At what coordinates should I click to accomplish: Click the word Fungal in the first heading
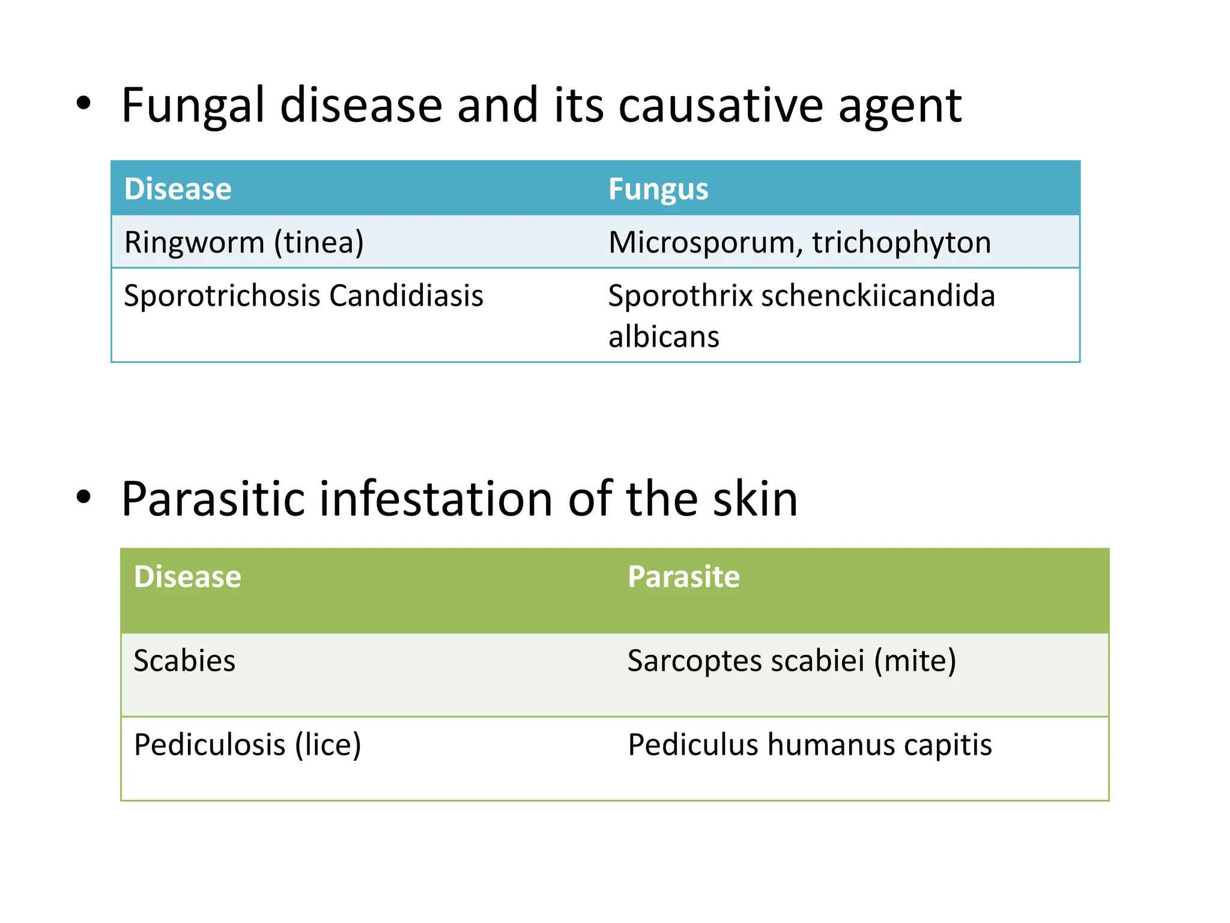[x=192, y=106]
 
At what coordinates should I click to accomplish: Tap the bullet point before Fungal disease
[x=83, y=104]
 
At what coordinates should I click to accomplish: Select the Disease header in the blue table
[x=178, y=189]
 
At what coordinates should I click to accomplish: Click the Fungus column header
[x=658, y=189]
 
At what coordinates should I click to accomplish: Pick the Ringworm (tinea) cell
[x=244, y=243]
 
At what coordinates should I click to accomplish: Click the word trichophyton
[x=901, y=243]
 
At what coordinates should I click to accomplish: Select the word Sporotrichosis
[x=222, y=296]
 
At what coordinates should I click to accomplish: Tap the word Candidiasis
[x=406, y=296]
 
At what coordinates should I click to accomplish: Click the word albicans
[x=664, y=337]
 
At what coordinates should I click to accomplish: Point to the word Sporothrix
[x=680, y=296]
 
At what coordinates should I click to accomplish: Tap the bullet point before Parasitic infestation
[x=83, y=498]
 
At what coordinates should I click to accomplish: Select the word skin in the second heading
[x=755, y=499]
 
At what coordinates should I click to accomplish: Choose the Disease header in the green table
[x=187, y=577]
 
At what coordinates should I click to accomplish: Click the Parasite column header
[x=683, y=577]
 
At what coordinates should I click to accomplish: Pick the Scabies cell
[x=184, y=661]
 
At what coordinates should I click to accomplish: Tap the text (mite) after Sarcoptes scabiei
[x=915, y=661]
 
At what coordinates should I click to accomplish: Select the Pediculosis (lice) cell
[x=247, y=745]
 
